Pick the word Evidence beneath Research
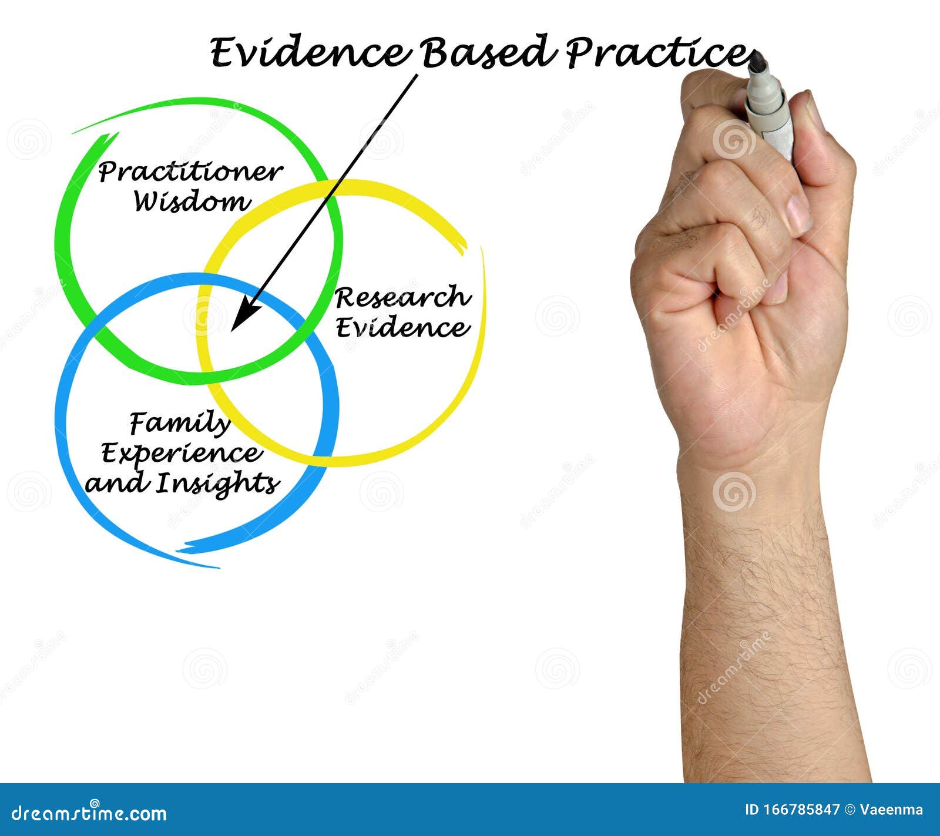[403, 327]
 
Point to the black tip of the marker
[757, 62]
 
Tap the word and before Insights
[115, 484]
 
